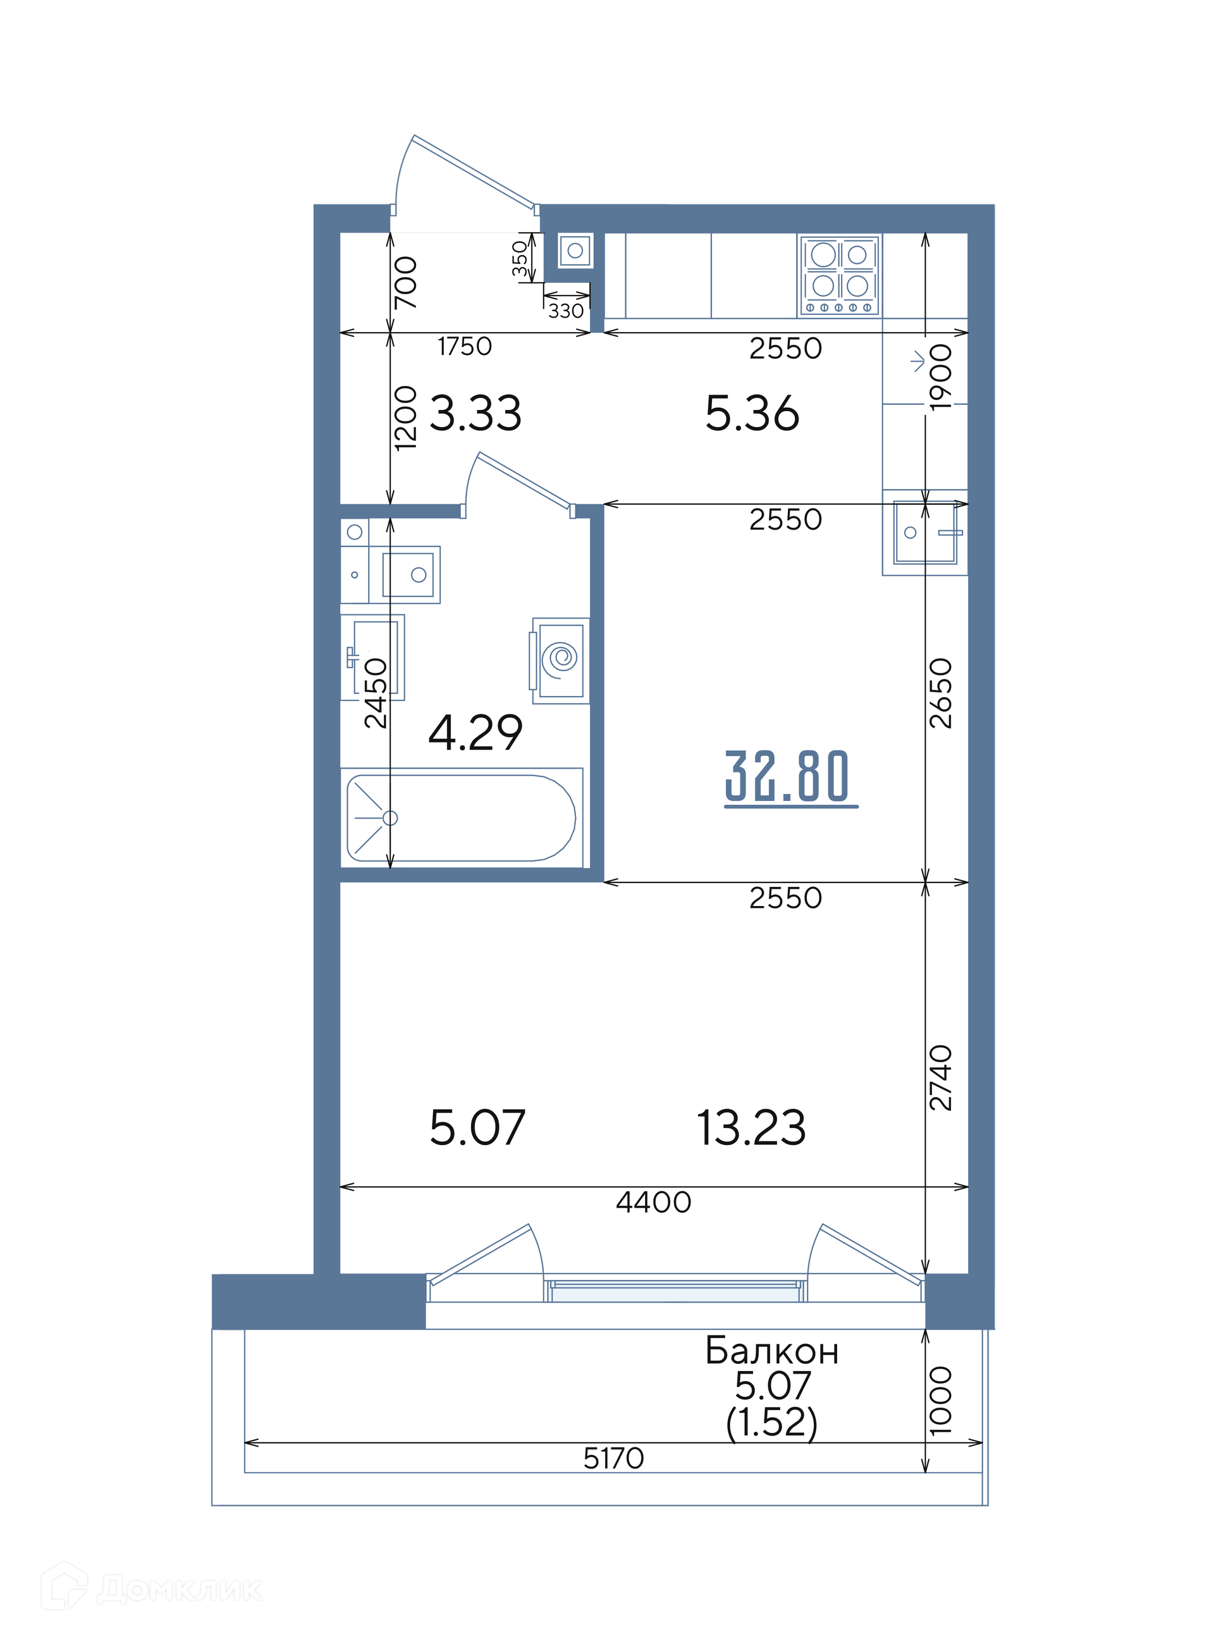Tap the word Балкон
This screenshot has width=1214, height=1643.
click(771, 1351)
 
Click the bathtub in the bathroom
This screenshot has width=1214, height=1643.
click(462, 818)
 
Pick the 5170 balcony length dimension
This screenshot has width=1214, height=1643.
click(613, 1458)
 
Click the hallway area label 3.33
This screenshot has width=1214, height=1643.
click(475, 413)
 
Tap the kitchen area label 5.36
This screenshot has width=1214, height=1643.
click(752, 413)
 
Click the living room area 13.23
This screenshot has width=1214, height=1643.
click(751, 1127)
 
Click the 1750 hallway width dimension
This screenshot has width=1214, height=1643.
click(465, 346)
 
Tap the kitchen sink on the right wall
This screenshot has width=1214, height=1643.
click(925, 532)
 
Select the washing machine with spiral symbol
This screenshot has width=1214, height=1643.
click(561, 660)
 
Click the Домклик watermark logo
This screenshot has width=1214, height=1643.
click(150, 1589)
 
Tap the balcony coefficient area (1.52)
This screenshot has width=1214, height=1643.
click(771, 1422)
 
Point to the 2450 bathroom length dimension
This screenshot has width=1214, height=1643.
click(376, 693)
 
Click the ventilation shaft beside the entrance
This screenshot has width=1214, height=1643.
click(575, 251)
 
